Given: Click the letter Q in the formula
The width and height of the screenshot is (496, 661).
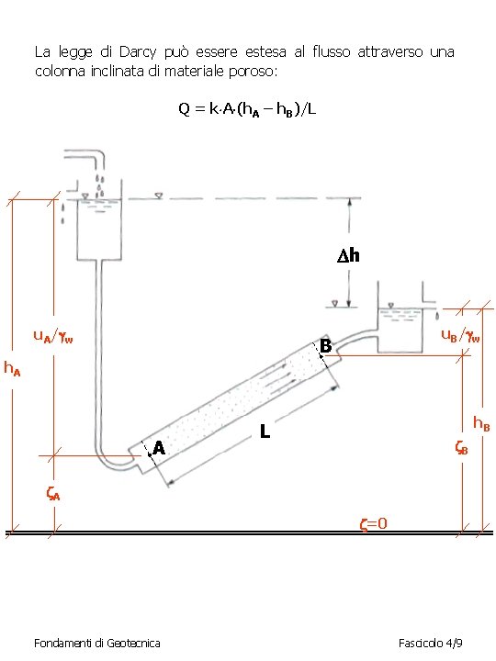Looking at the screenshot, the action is (x=185, y=108).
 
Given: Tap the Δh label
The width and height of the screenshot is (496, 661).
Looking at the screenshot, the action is (x=348, y=255).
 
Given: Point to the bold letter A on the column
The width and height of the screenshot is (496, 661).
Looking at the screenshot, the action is (x=159, y=448).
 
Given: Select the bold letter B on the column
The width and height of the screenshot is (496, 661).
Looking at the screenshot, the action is (x=325, y=346).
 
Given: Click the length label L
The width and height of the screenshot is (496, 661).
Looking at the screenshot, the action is (x=265, y=431).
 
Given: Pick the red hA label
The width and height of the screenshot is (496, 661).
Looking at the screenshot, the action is (x=12, y=368).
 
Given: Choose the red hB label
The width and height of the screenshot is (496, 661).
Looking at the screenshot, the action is (x=481, y=423).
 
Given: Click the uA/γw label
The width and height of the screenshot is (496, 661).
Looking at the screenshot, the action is (x=53, y=336).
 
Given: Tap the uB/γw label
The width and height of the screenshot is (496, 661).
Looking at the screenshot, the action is (x=460, y=335).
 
